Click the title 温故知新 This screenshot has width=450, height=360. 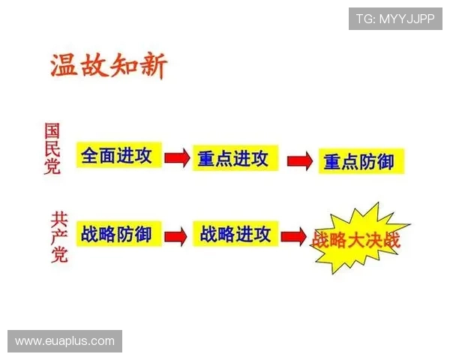tap(108, 66)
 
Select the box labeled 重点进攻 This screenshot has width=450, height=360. tap(232, 158)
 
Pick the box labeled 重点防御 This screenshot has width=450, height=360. tap(358, 160)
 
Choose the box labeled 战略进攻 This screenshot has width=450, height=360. tap(235, 234)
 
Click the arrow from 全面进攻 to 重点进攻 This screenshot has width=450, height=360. tap(176, 157)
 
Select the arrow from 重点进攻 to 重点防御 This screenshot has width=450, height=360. tap(299, 160)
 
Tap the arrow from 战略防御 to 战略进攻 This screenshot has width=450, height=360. tap(176, 235)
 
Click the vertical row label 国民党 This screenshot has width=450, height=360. tap(52, 148)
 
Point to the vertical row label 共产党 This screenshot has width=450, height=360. tap(58, 237)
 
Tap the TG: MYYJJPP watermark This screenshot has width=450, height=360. tap(394, 19)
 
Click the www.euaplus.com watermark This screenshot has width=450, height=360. tap(65, 341)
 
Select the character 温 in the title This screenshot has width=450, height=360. tap(63, 66)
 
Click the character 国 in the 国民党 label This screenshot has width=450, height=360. tap(52, 130)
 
